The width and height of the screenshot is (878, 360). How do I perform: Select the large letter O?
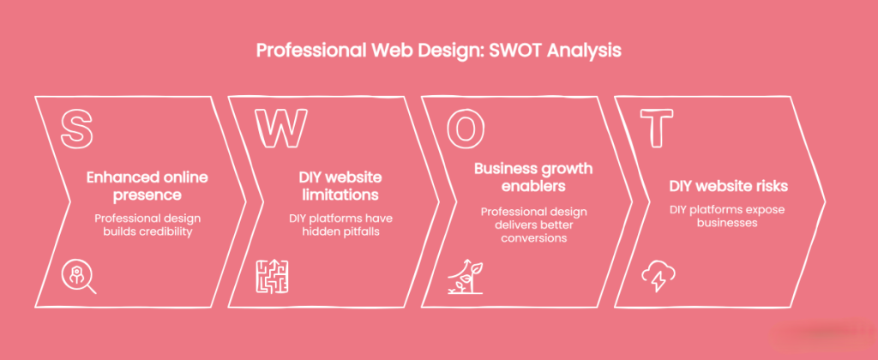coord(465,129)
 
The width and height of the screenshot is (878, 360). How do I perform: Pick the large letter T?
coord(658,129)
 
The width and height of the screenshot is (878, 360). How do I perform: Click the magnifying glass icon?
coord(80,276)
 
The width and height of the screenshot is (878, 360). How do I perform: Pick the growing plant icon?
coord(465,276)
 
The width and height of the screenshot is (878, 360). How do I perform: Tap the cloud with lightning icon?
coord(658,276)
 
